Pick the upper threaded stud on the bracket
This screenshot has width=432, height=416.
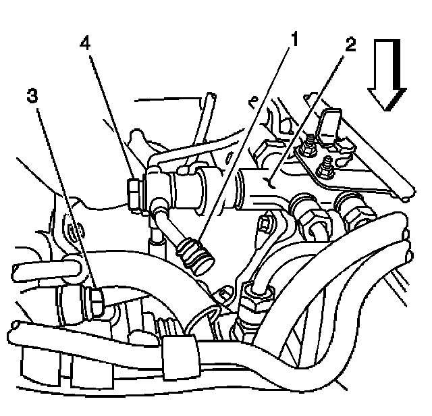point(310,144)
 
